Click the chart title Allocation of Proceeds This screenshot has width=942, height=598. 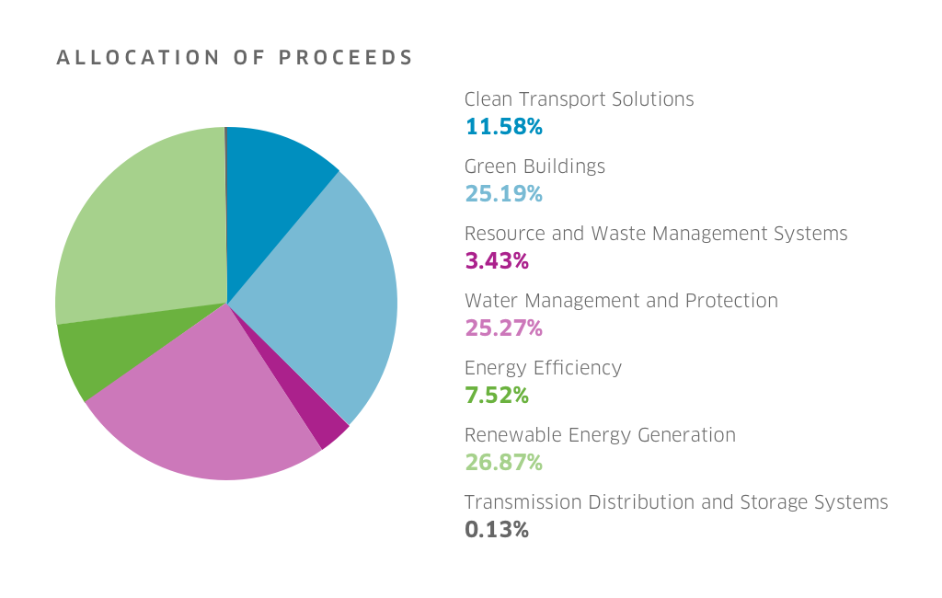pos(235,58)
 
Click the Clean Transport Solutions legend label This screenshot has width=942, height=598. pos(579,99)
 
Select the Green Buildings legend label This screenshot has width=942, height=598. pos(534,167)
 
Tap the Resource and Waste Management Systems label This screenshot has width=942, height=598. pos(656,234)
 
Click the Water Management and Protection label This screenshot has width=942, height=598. pos(621,301)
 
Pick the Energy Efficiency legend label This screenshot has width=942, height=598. pos(543,368)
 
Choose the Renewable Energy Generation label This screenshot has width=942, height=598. pos(600,435)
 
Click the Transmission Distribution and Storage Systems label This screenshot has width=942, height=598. pos(676,502)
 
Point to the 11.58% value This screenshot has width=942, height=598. pos(503,127)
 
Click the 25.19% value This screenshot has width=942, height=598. pos(503,194)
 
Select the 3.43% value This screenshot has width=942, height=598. pos(497,261)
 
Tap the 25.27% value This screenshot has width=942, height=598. pos(503,328)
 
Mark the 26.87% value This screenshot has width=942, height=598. pos(503,463)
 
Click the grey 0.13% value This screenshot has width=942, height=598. pos(497,530)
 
